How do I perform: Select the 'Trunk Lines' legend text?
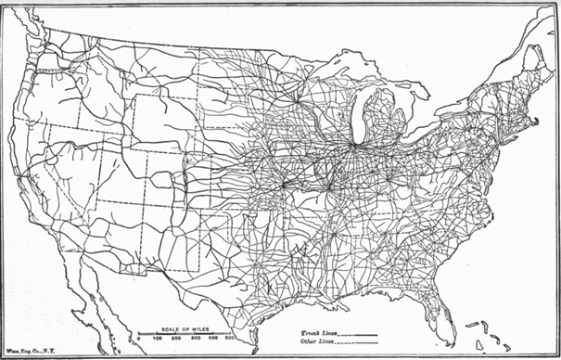[x=318, y=330]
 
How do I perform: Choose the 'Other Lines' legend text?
[x=317, y=341]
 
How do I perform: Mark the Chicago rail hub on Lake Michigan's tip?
[x=353, y=145]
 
